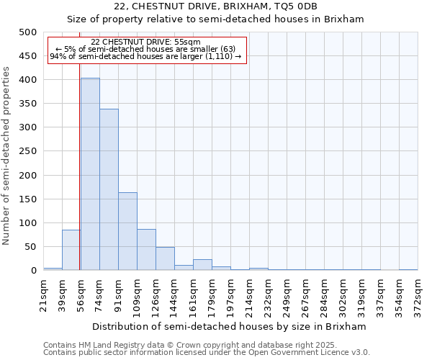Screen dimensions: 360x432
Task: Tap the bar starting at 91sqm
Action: coord(127,231)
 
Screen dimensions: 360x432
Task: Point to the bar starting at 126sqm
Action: coord(165,258)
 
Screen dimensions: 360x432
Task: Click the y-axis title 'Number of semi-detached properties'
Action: coord(6,156)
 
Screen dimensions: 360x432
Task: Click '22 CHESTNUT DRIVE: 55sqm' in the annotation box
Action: coord(146,42)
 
